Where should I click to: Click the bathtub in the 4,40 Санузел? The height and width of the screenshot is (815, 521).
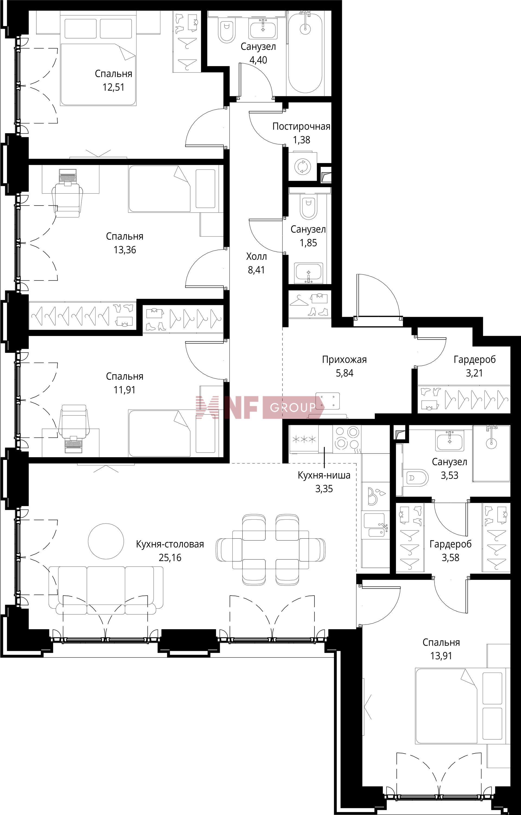305,52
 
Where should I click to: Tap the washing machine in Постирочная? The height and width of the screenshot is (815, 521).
303,167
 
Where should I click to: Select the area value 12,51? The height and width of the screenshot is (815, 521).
114,87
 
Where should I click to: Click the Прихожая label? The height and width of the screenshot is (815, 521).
344,359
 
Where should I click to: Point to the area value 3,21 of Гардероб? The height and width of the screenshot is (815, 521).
474,373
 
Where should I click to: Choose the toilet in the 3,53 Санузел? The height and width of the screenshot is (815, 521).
416,478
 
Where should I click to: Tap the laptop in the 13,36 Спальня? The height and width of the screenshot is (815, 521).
68,177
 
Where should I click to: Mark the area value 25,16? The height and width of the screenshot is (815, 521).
170,557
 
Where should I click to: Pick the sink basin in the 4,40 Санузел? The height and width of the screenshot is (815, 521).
263,28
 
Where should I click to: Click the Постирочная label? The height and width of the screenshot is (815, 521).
301,127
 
